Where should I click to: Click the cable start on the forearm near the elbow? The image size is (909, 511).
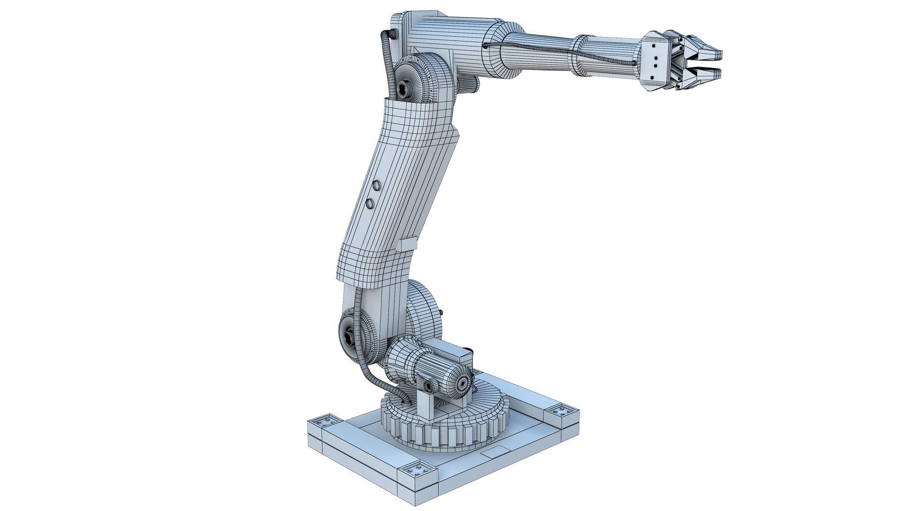[485, 46]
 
